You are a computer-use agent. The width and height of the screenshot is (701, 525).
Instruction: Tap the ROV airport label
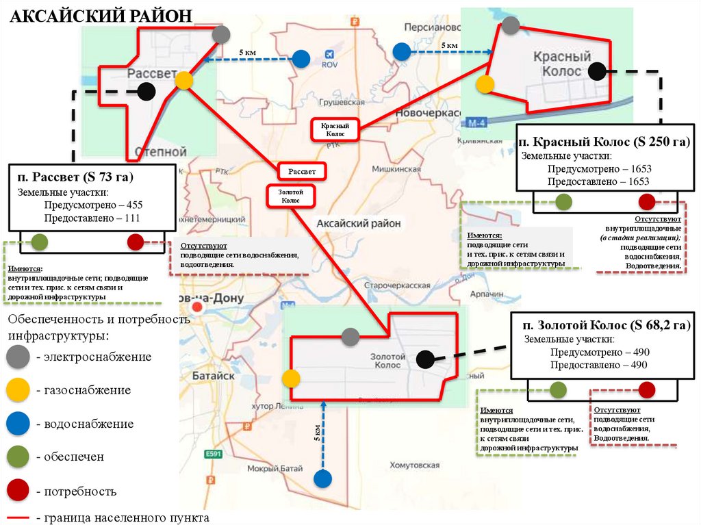coord(330,66)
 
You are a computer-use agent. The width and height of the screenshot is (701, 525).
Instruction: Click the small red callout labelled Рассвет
coord(301,170)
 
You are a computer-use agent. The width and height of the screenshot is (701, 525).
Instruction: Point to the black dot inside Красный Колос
coord(597,71)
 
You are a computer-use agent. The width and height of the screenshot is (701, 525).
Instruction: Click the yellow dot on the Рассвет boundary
coord(183,81)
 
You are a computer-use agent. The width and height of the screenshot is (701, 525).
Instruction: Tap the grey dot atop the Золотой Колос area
coord(350,336)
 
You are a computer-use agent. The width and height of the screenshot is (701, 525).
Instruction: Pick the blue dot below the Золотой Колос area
coord(322,478)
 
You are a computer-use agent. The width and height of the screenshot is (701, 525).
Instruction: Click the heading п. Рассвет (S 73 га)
coord(75,177)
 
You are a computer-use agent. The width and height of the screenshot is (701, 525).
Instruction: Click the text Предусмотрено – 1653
coord(598,168)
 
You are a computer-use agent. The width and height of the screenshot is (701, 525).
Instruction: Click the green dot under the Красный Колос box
coord(563,201)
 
